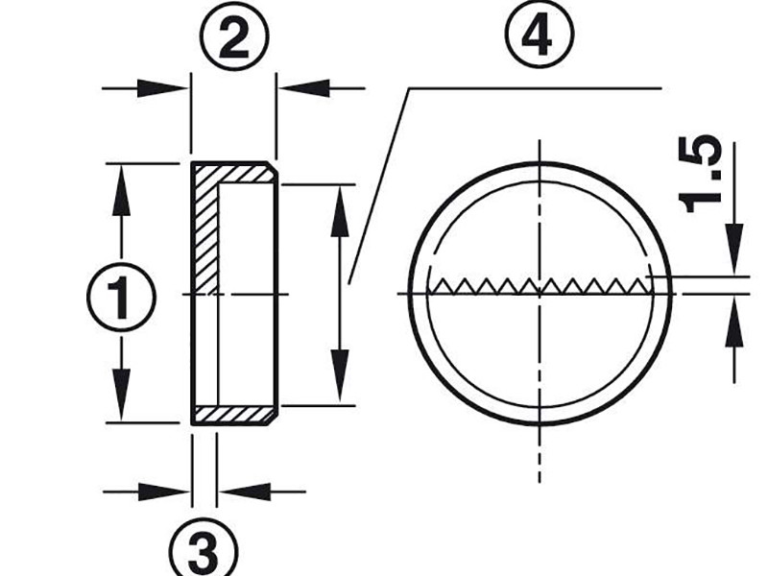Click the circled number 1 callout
(x=122, y=298)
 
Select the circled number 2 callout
(x=234, y=37)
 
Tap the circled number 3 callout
(x=204, y=548)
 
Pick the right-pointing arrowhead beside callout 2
(x=161, y=88)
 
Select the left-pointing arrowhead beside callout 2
(x=304, y=88)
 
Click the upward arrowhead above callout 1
(x=121, y=189)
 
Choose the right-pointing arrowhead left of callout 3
(x=163, y=492)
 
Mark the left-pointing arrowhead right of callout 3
(x=245, y=492)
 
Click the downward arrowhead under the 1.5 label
(x=734, y=250)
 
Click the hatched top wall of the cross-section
(x=235, y=174)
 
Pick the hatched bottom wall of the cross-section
(x=235, y=416)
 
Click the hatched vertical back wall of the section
(x=206, y=230)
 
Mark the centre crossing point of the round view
(x=540, y=294)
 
